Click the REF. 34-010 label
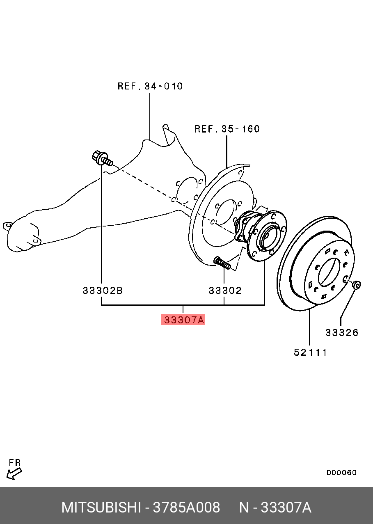(150, 86)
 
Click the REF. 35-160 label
(227, 129)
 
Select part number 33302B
(103, 291)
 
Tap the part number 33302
(225, 291)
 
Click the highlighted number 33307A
(183, 320)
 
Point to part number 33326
(342, 332)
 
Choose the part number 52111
(310, 352)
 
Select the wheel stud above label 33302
(222, 263)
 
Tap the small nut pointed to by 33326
(356, 284)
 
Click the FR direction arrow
(14, 474)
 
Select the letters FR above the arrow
(15, 463)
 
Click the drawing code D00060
(341, 473)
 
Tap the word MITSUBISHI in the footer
(101, 508)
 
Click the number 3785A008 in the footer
(186, 508)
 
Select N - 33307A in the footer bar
(275, 508)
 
